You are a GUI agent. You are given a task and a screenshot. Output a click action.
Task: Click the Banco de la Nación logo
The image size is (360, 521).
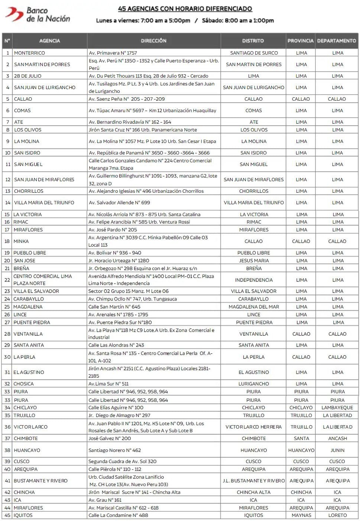38,14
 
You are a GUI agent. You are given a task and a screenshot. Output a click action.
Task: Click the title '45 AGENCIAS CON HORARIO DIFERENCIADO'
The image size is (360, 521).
185,9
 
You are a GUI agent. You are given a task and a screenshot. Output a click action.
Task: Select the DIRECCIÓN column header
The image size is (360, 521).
153,40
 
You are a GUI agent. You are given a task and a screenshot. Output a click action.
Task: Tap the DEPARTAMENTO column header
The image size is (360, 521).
337,40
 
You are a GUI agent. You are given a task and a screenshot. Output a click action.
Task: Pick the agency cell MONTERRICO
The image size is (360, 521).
29,53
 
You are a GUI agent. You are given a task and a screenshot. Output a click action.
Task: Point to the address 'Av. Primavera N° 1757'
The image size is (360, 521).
113,53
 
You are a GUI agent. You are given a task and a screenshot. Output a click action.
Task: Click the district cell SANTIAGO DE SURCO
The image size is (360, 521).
254,53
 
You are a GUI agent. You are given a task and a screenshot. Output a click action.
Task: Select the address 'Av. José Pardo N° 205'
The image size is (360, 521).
113,230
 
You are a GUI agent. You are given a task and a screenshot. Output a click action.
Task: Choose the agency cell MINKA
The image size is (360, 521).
21,241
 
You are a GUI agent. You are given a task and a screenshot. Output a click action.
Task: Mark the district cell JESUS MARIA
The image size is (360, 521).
254,261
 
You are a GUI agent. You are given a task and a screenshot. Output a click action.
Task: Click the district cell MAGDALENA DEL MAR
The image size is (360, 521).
254,307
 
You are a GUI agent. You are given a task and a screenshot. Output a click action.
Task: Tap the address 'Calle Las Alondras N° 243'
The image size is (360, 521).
116,345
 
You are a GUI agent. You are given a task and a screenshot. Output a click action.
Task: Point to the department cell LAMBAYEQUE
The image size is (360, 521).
337,407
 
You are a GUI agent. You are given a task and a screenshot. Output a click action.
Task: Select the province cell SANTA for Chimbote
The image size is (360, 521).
301,438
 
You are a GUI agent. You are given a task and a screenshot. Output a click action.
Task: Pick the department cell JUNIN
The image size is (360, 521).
337,450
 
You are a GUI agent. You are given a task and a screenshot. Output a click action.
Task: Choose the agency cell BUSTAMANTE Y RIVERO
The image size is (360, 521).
40,481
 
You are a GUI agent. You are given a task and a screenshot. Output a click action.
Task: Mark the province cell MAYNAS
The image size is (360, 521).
301,515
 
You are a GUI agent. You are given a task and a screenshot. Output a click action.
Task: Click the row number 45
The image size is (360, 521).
7,515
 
